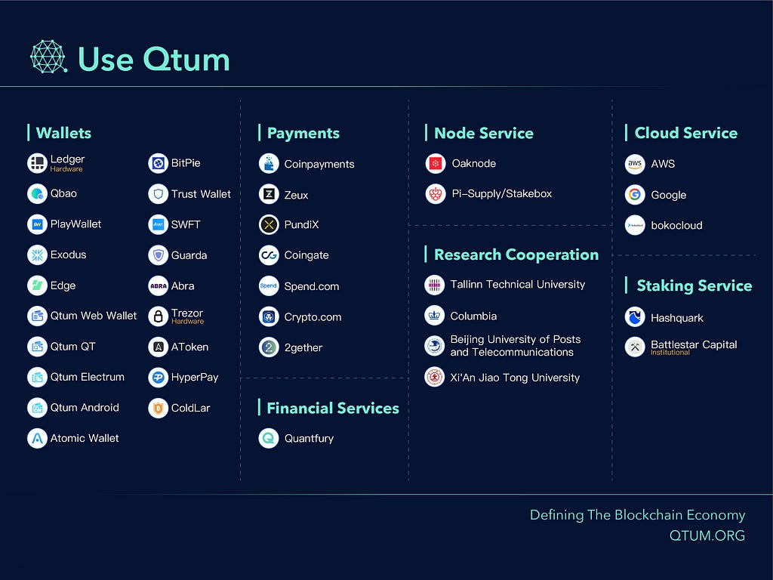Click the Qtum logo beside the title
(48, 57)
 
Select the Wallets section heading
(63, 133)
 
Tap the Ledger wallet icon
(37, 163)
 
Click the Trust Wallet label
(201, 194)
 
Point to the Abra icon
(159, 286)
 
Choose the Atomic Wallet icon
(37, 439)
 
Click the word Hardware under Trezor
(187, 322)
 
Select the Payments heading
(303, 133)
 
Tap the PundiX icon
(269, 225)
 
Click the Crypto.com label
(313, 317)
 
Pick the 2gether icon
(269, 347)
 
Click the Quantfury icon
(269, 439)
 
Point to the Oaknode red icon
(436, 164)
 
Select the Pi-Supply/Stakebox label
(502, 194)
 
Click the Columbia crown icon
(434, 316)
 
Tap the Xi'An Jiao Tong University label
(515, 378)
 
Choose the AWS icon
(635, 164)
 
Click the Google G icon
(635, 195)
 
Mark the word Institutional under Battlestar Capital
(670, 353)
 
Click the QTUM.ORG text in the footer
(707, 535)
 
